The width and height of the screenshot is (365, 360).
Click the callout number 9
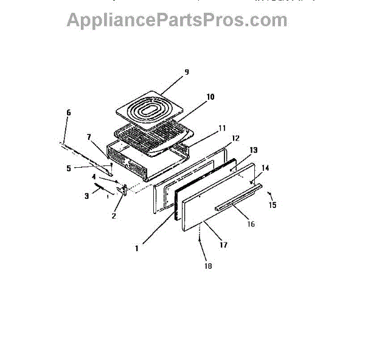click(186, 72)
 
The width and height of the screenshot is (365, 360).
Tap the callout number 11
click(222, 128)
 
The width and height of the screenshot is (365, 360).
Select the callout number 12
click(235, 138)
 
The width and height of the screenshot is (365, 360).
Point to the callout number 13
click(254, 150)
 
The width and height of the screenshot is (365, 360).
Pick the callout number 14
click(265, 167)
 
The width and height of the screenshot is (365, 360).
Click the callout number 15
click(273, 206)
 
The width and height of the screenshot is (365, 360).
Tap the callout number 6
click(68, 112)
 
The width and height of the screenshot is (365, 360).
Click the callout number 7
click(89, 137)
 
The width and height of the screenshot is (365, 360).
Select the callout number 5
click(69, 168)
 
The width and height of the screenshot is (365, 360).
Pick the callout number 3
click(86, 196)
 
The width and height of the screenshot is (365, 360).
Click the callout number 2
click(113, 215)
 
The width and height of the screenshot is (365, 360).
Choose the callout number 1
click(137, 247)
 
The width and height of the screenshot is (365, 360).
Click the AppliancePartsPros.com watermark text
click(176, 19)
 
